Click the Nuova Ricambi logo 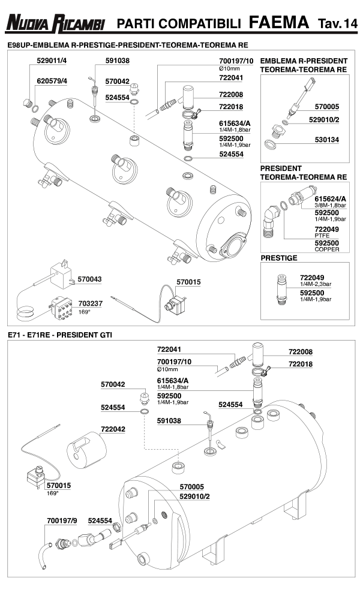[56, 23]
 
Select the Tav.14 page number [336, 23]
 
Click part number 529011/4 [52, 61]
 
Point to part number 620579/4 [52, 80]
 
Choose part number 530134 [328, 139]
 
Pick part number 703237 [90, 303]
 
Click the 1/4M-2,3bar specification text [316, 284]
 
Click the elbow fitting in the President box [271, 218]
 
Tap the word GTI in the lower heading [104, 334]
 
